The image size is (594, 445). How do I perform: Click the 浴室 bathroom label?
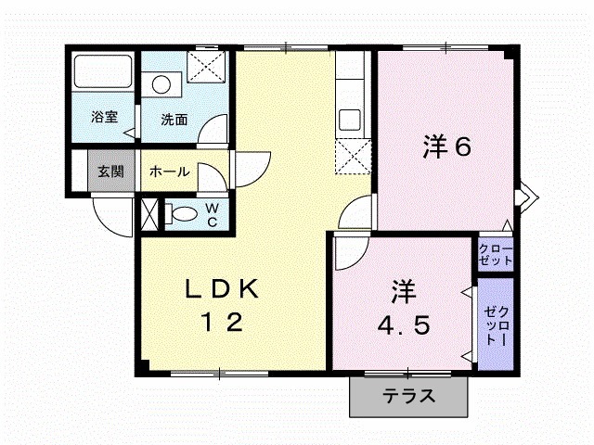point(104,118)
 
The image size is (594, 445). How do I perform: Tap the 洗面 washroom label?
point(174,119)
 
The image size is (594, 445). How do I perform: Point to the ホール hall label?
point(170,172)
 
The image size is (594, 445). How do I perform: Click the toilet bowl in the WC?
point(183,214)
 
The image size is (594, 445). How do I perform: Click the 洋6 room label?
point(449,146)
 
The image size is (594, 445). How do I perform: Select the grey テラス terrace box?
point(408,397)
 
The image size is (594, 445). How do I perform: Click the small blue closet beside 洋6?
point(495,254)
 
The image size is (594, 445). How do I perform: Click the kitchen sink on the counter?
point(352,119)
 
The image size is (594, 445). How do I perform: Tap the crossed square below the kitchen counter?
point(353,155)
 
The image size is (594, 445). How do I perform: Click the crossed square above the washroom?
point(205,67)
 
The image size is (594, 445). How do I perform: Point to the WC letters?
point(212,215)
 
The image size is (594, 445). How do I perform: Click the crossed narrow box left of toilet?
point(148,212)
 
